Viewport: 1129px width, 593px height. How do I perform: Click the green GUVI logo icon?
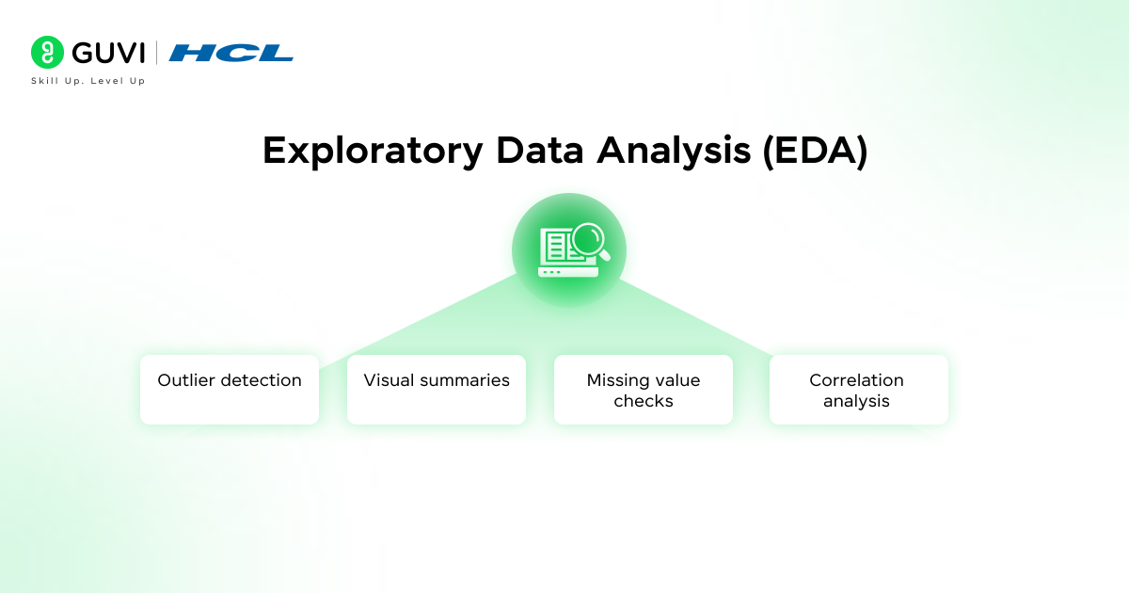[x=46, y=53]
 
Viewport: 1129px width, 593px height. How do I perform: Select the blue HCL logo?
[x=231, y=53]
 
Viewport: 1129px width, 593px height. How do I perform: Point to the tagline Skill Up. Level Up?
[x=87, y=81]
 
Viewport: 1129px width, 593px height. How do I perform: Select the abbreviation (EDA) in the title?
[x=815, y=151]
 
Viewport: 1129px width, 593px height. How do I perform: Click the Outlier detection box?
[x=230, y=390]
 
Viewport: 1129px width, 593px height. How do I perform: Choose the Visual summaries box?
[x=437, y=390]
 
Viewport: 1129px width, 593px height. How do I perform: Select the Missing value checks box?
[x=644, y=390]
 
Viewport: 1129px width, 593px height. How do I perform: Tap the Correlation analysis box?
[x=858, y=390]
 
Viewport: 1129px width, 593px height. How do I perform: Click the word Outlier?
[x=186, y=380]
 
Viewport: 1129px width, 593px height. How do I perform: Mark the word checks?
[x=644, y=401]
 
